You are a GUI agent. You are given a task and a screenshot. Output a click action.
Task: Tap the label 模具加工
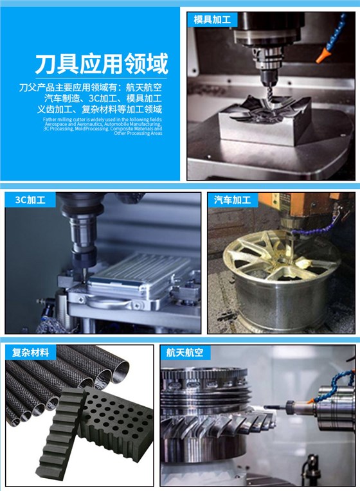212,19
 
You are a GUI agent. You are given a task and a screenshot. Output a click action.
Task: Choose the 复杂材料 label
30,352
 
